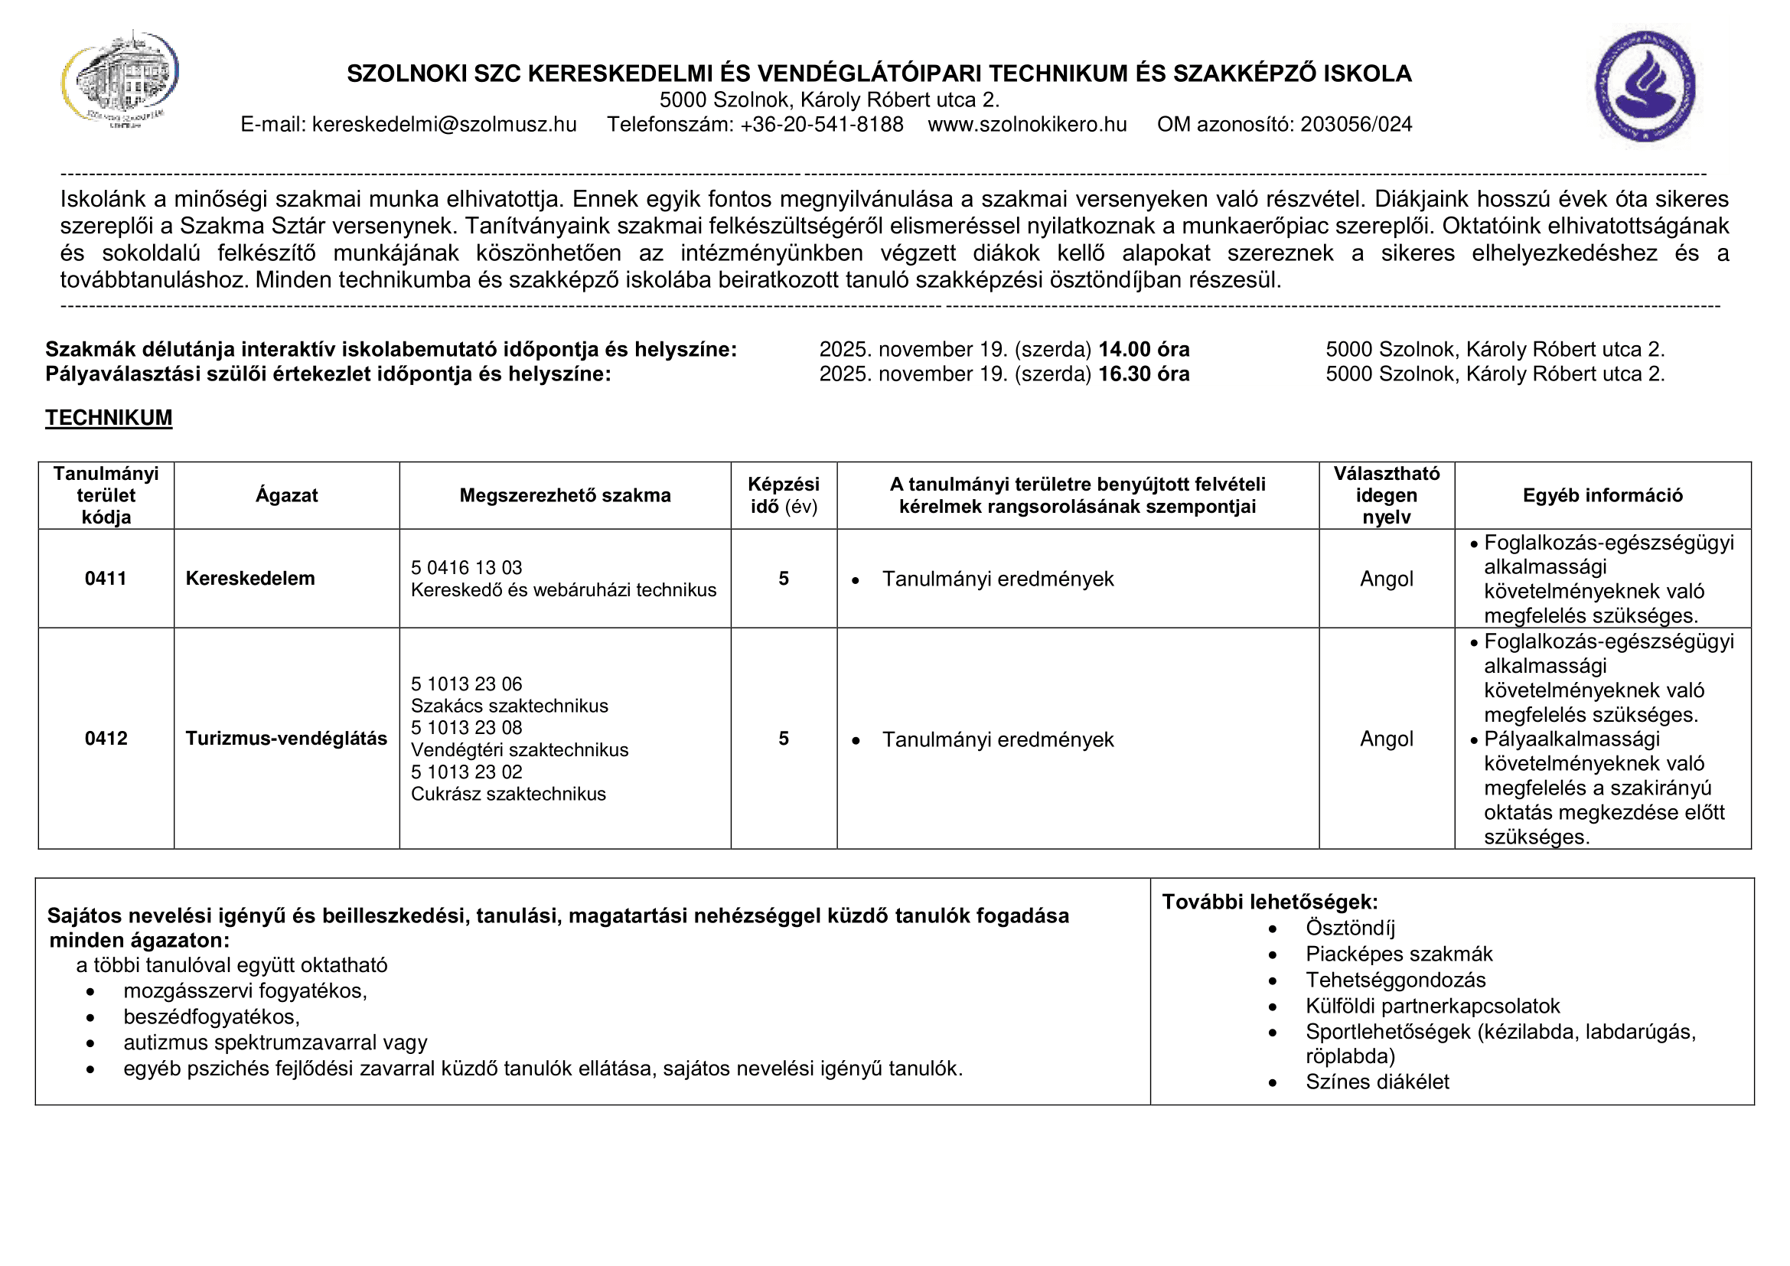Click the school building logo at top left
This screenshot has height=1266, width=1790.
(121, 80)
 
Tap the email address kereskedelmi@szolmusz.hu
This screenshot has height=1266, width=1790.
(444, 125)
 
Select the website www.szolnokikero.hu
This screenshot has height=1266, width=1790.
(1027, 125)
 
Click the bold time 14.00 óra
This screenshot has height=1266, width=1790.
(1143, 349)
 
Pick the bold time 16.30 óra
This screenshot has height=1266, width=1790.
(1143, 374)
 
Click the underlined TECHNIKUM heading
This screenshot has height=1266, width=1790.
(109, 418)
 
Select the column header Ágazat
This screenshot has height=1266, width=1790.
(286, 496)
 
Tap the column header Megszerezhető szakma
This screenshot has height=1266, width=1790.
(565, 496)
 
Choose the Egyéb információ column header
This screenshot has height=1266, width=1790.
(1602, 496)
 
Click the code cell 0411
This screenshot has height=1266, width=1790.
(106, 579)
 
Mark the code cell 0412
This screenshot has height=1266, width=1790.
(106, 738)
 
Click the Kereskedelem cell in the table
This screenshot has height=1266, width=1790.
(249, 579)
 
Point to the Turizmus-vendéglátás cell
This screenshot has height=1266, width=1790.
(285, 738)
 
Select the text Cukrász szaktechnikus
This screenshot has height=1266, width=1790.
(507, 795)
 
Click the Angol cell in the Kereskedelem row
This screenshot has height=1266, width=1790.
(1386, 579)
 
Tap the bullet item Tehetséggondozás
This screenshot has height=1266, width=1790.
(1395, 980)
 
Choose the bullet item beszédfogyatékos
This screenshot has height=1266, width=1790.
(211, 1017)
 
